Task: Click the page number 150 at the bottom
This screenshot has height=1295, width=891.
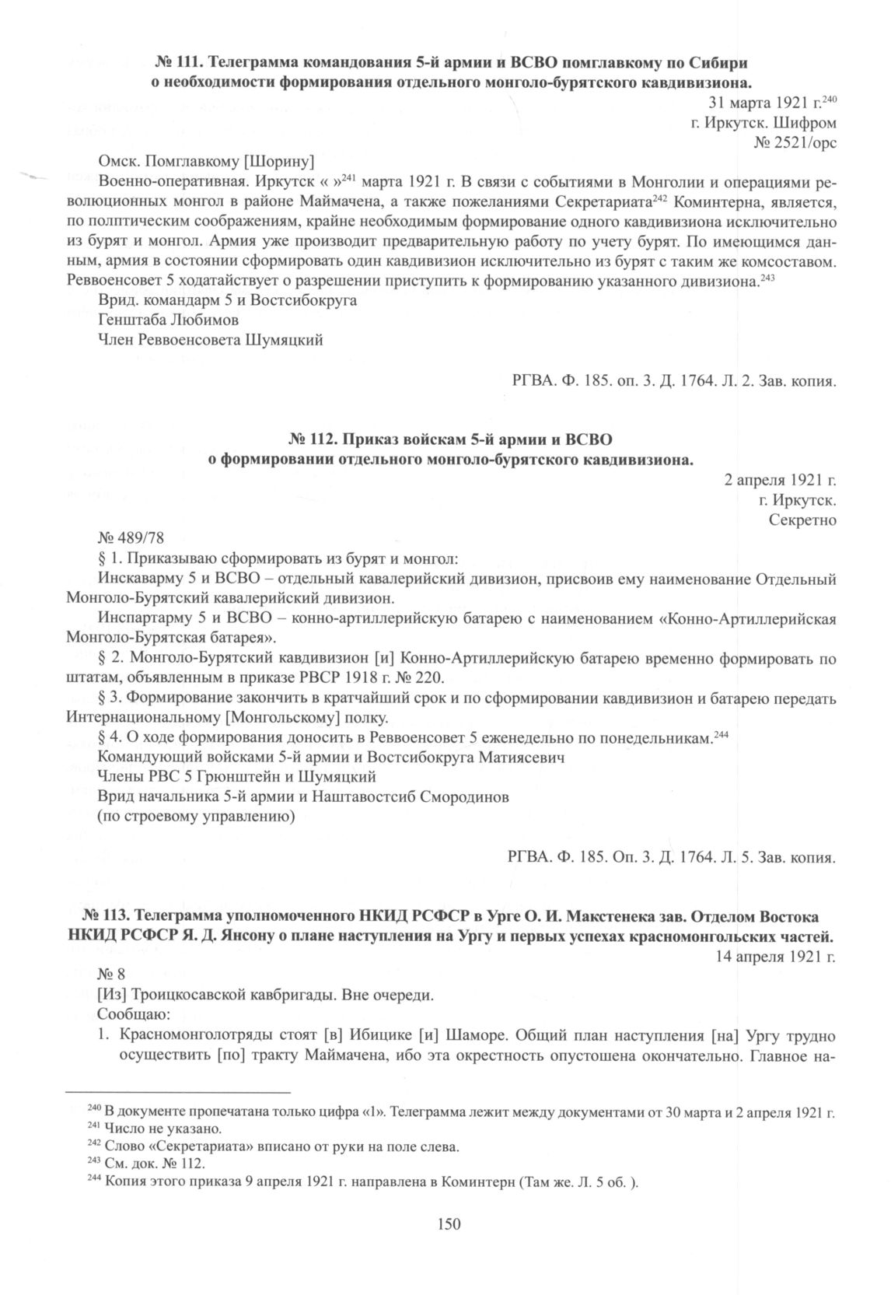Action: (x=449, y=1225)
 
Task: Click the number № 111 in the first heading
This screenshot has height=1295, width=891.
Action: (x=179, y=61)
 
